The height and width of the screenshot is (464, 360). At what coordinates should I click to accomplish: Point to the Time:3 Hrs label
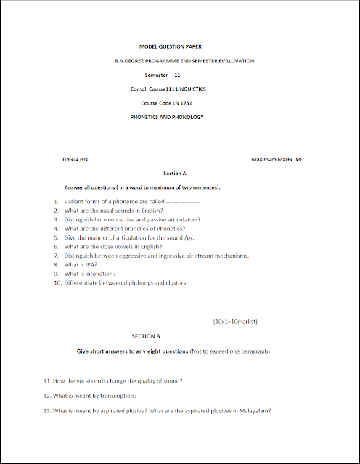75,159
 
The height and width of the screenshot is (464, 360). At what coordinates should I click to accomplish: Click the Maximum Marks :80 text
276,159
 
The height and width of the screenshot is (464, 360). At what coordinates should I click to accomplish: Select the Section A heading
175,174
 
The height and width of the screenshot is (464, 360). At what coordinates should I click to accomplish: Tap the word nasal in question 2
108,210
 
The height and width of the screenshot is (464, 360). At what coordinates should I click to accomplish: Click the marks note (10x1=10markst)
235,320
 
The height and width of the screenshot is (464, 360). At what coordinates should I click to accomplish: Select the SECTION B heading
145,337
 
